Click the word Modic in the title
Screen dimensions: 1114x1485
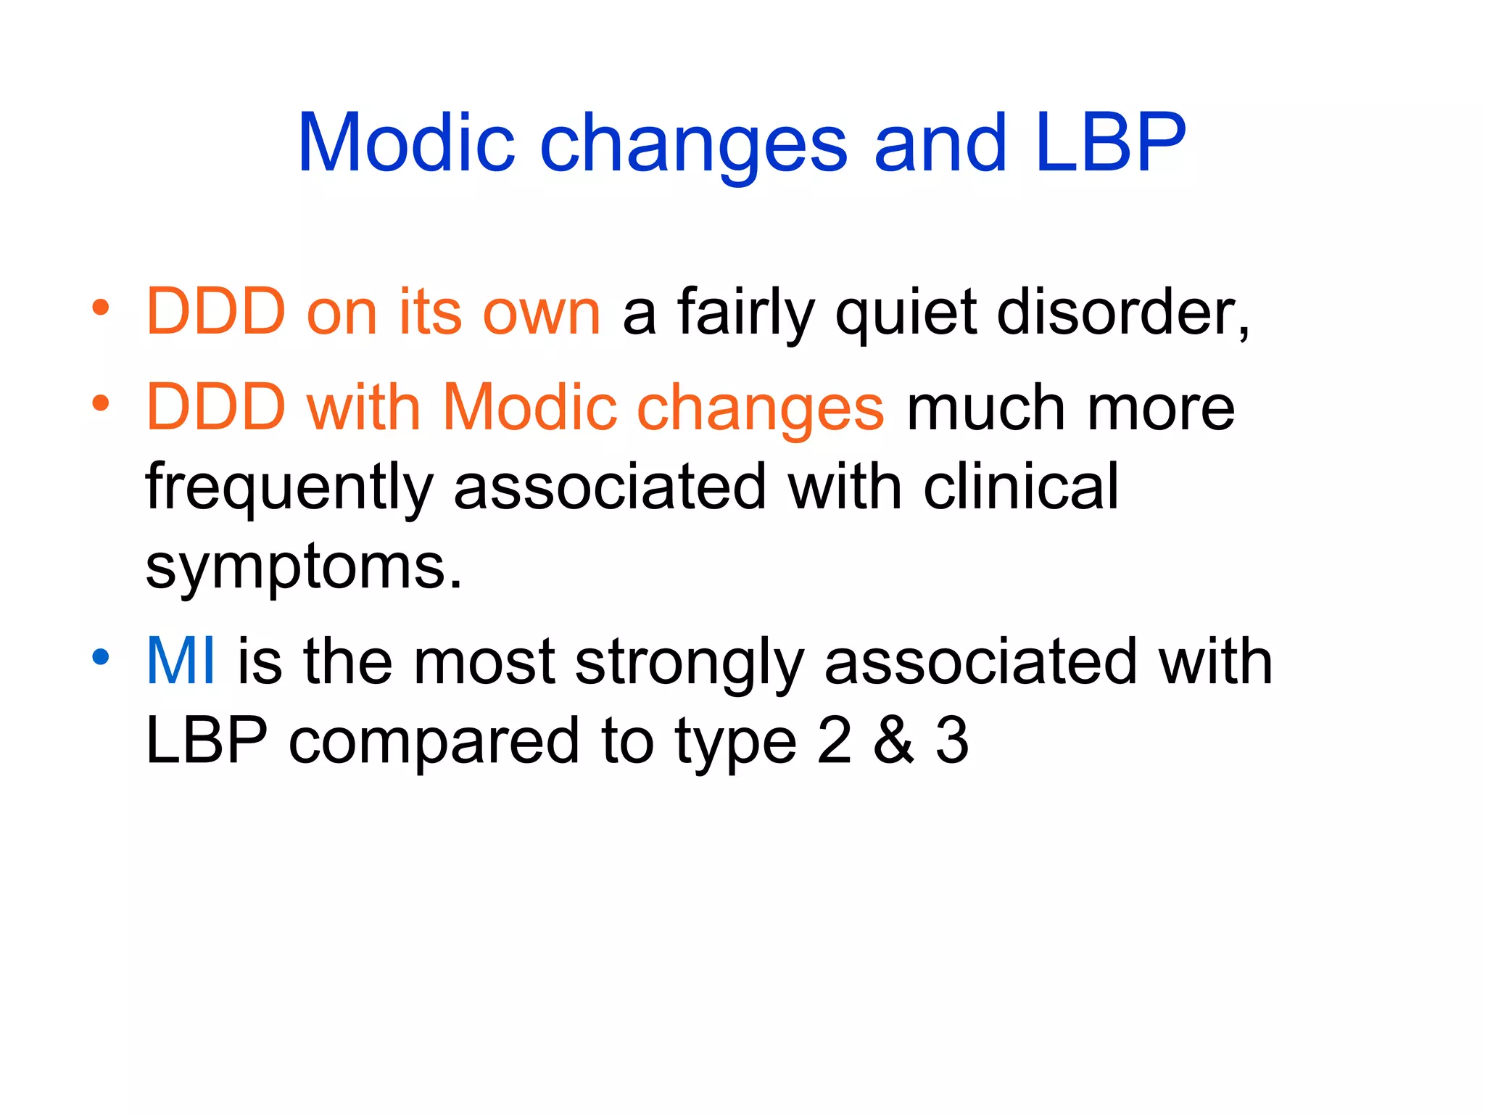coord(406,144)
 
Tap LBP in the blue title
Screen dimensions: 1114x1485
coord(1111,144)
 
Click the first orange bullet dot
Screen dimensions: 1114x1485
coord(101,308)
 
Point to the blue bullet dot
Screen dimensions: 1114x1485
coord(101,657)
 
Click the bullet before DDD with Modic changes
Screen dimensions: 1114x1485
coord(101,403)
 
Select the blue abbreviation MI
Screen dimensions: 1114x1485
coord(181,661)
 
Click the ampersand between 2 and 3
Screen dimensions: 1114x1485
coord(893,740)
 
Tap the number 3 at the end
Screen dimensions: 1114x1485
coord(951,740)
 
